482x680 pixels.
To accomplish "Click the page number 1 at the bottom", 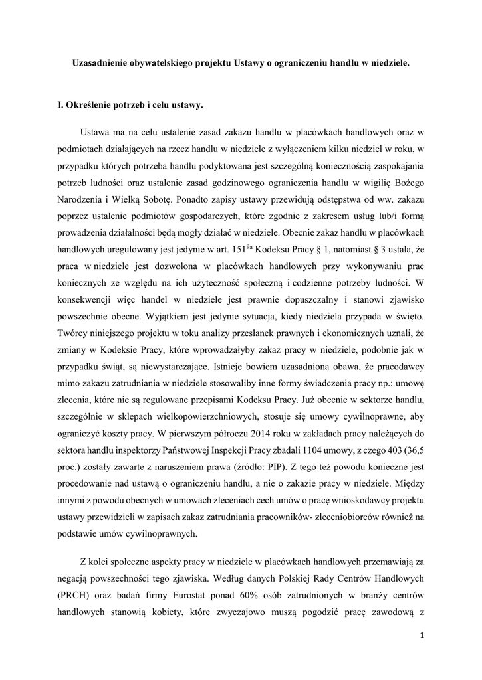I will pyautogui.click(x=422, y=636).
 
